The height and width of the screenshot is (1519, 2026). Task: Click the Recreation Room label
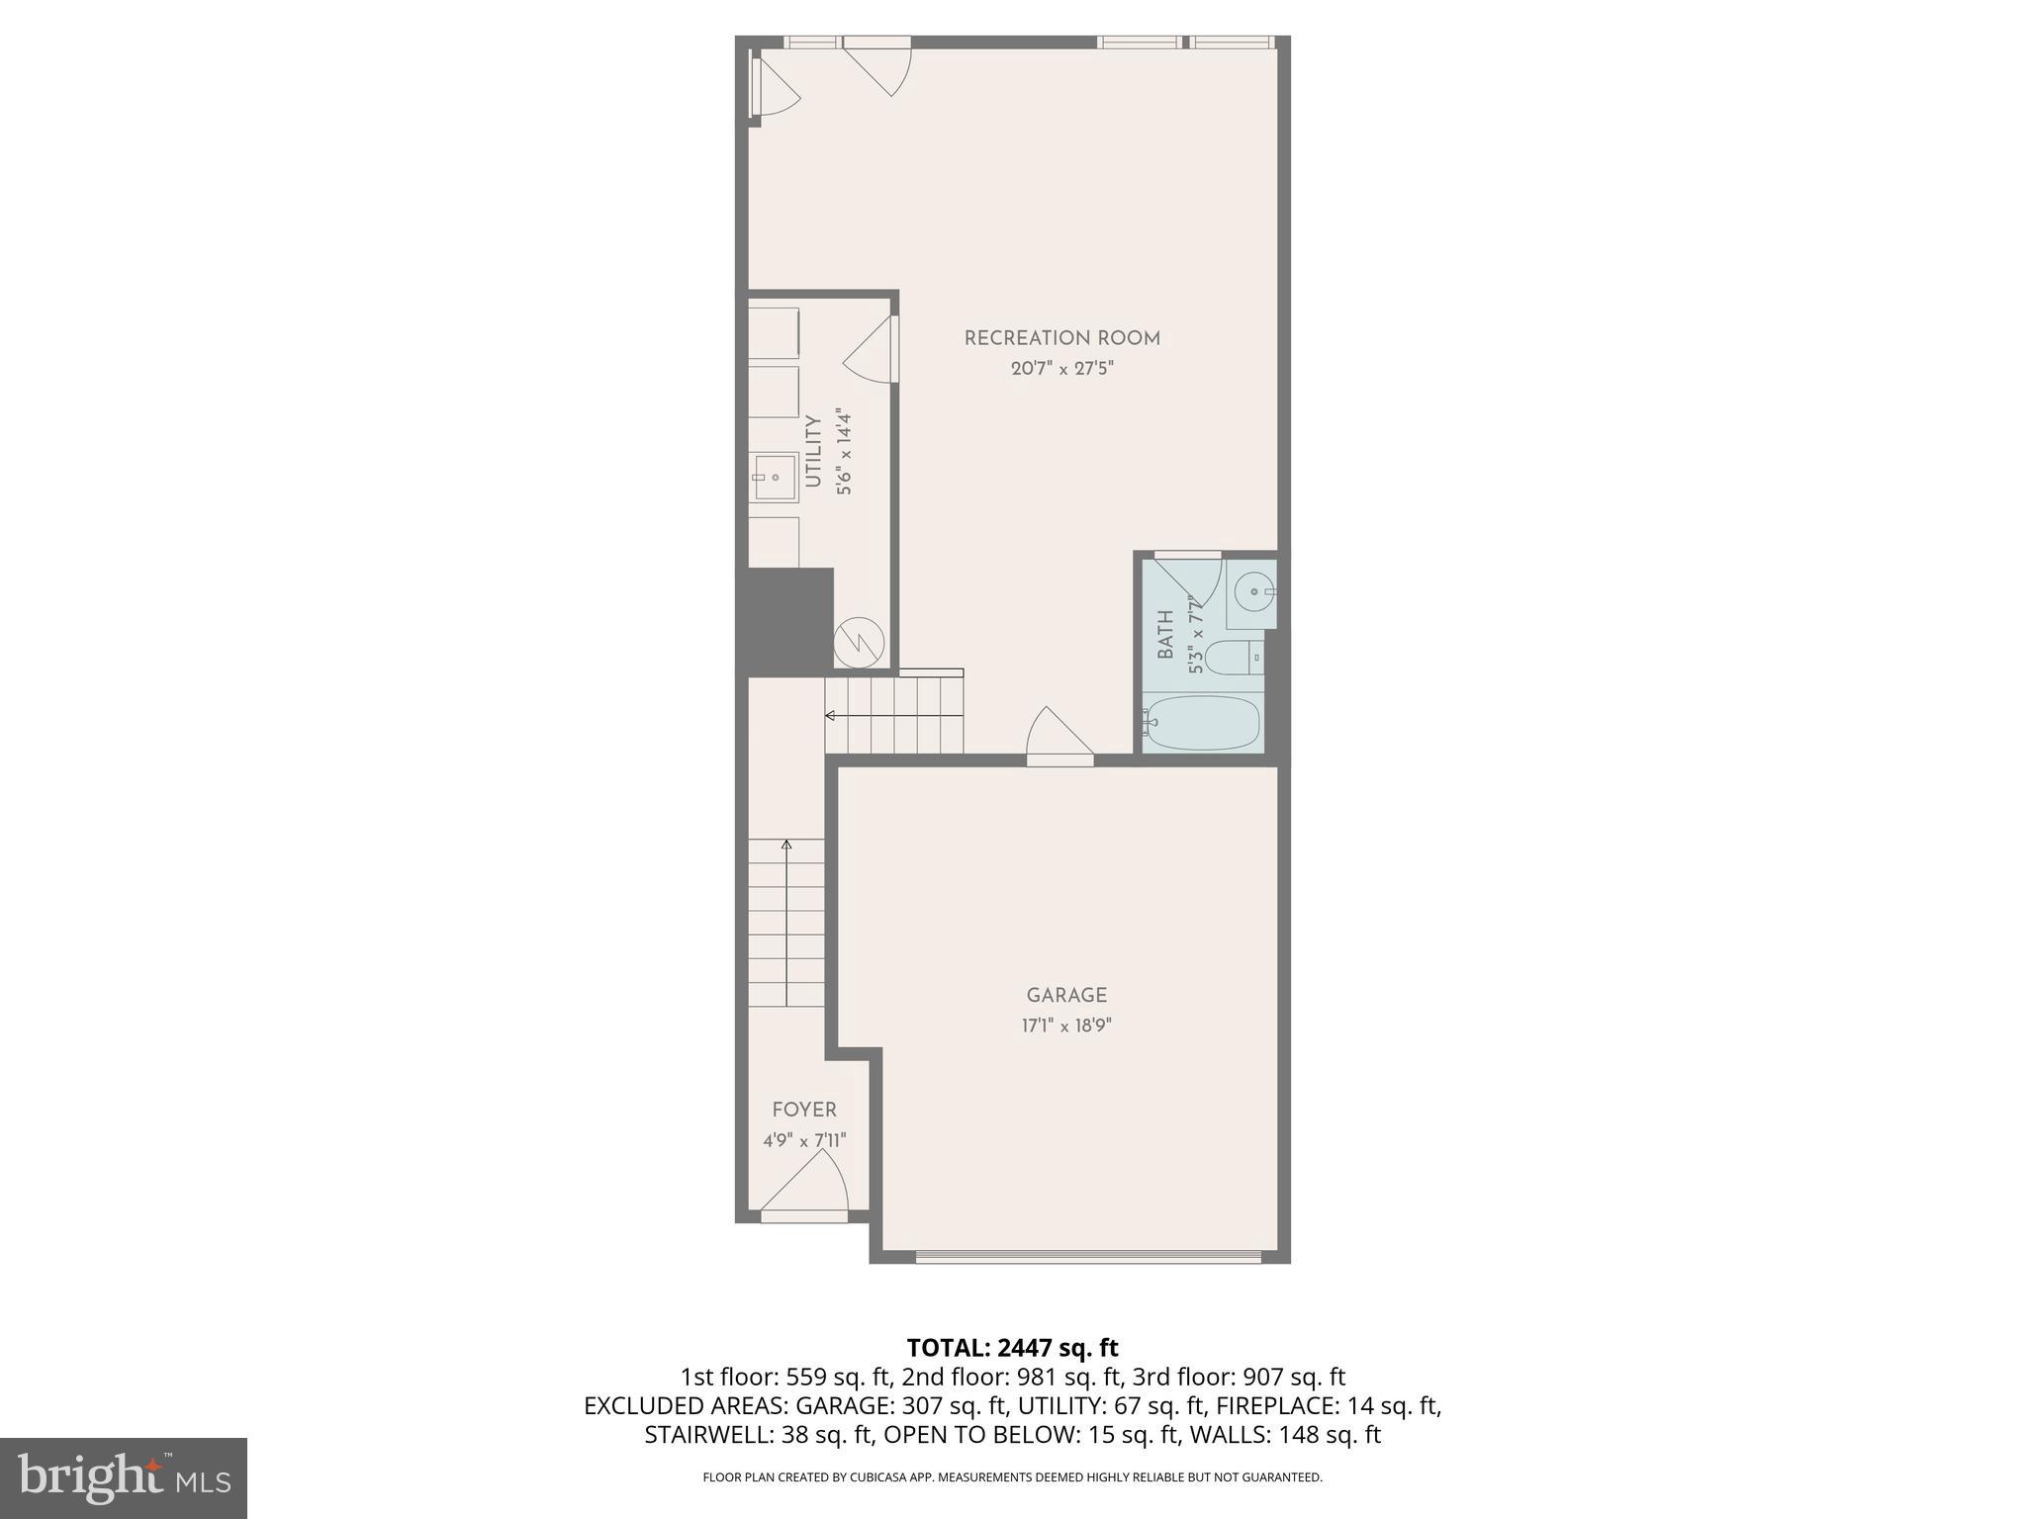click(1061, 338)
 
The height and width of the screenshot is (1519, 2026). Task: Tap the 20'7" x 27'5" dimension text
click(1061, 369)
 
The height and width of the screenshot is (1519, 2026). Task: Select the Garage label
click(1065, 995)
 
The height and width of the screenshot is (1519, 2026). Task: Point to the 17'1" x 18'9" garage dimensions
click(1065, 1026)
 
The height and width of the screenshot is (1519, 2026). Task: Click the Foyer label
click(804, 1110)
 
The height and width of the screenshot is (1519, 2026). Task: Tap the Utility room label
click(813, 451)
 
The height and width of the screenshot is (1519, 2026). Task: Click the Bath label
click(1165, 634)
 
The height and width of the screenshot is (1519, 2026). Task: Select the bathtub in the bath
click(1202, 723)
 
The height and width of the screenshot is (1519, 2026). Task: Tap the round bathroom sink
click(1254, 591)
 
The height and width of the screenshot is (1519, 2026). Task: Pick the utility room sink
click(775, 478)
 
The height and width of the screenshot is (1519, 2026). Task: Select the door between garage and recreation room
click(1059, 738)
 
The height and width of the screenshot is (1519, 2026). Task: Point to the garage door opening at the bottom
click(1087, 1257)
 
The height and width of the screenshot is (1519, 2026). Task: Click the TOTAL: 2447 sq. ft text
click(1012, 1347)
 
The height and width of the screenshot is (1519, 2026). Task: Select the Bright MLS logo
click(123, 1477)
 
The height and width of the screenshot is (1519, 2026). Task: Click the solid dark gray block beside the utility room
click(789, 621)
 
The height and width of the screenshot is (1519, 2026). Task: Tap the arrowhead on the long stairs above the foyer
click(786, 845)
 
